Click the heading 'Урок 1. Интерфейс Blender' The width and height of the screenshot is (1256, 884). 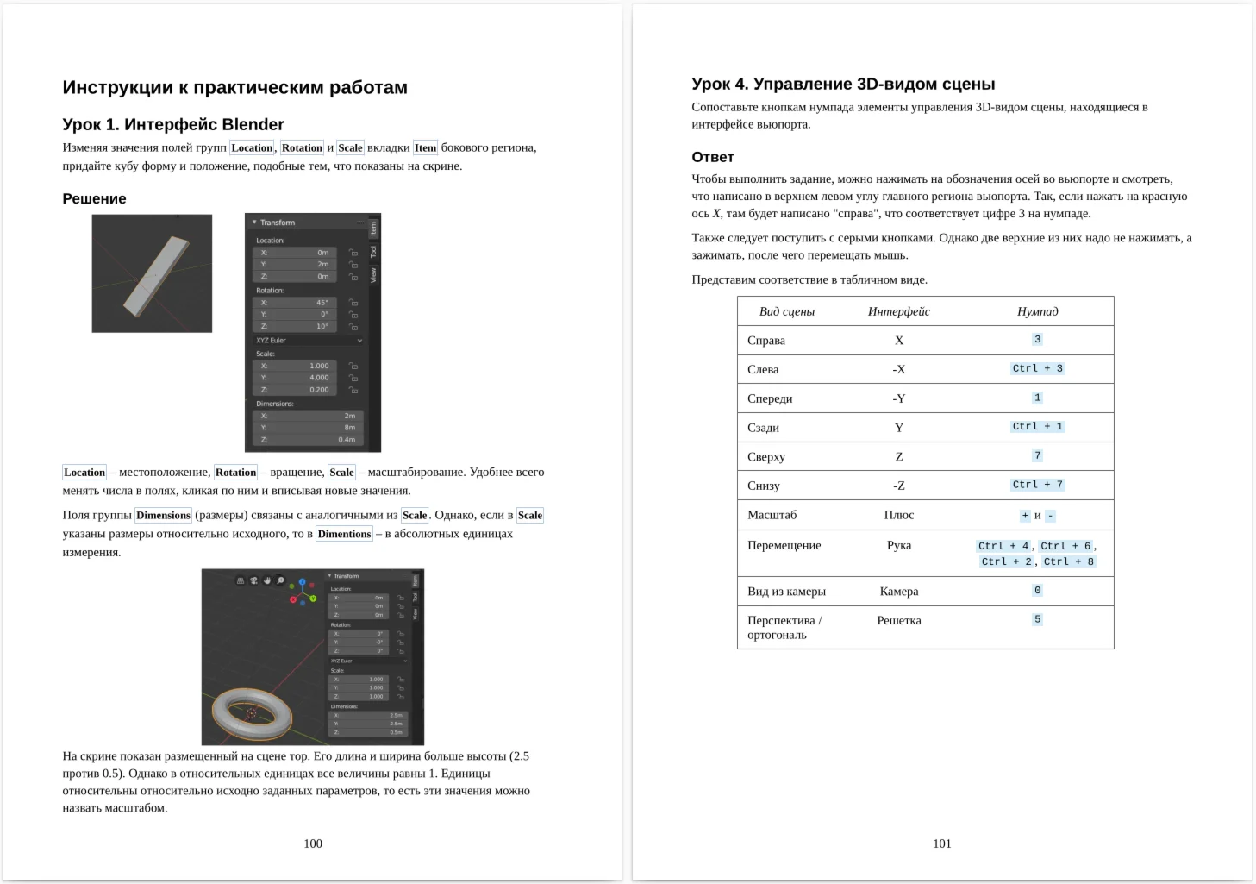click(172, 124)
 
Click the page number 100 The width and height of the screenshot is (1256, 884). click(313, 843)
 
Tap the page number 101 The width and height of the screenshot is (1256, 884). click(942, 843)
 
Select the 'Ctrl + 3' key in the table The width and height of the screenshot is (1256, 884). click(1037, 368)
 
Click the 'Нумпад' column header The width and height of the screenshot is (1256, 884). click(1037, 311)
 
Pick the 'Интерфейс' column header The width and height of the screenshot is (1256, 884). click(898, 311)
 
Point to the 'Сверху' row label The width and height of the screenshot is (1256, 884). click(765, 456)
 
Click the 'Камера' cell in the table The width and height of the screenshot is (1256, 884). click(898, 591)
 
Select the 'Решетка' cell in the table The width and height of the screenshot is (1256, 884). click(898, 620)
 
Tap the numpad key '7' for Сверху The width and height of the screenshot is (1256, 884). click(1037, 455)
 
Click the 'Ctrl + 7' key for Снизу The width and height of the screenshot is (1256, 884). click(1037, 485)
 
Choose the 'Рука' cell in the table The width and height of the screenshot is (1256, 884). click(898, 545)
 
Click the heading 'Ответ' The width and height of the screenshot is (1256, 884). click(712, 157)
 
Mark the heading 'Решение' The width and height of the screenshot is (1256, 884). click(94, 198)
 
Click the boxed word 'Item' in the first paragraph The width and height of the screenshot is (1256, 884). click(425, 147)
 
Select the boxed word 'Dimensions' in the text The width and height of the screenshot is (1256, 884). click(163, 515)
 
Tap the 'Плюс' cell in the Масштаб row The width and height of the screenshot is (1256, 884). click(898, 515)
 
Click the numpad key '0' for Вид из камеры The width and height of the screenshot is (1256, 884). click(1037, 591)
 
